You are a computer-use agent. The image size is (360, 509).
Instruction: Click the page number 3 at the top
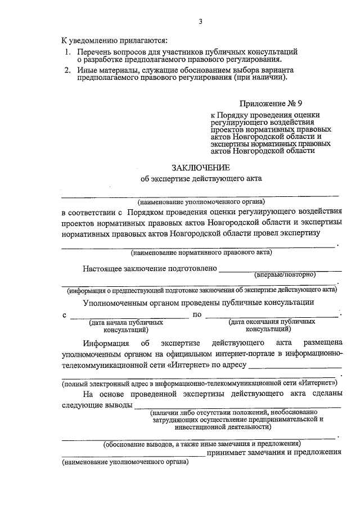pos(200,22)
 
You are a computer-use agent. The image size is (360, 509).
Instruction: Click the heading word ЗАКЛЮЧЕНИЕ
pos(200,168)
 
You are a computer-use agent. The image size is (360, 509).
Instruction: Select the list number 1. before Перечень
pos(67,52)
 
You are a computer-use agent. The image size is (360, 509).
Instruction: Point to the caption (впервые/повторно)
pos(285,275)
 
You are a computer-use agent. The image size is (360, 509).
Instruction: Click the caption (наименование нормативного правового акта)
pos(201,252)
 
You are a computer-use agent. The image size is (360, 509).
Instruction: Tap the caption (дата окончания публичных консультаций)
pos(272,326)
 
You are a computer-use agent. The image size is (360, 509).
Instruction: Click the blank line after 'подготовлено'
pos(280,269)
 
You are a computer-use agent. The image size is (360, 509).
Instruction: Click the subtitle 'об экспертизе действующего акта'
pos(201,179)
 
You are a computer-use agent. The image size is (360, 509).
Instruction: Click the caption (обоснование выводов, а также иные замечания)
pos(201,444)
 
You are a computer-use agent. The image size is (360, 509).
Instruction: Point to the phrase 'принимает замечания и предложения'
pos(274,452)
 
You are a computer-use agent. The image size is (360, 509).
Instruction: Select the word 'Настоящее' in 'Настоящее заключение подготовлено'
pos(102,269)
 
